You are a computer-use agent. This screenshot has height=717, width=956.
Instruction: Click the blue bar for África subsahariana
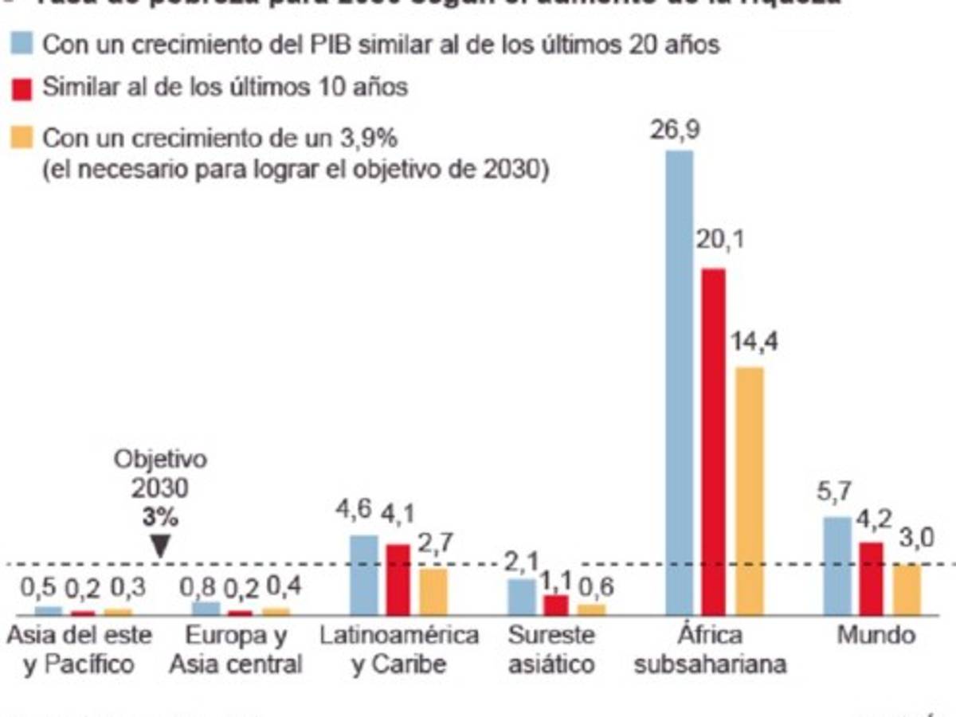679,382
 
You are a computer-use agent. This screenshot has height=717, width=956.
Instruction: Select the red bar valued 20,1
713,442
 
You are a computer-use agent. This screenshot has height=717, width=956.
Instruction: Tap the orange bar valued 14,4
750,491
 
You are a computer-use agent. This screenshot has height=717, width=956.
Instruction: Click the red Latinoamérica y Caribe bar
398,579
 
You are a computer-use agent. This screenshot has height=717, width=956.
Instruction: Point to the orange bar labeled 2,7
433,591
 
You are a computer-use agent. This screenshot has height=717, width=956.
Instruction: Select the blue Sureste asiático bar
522,597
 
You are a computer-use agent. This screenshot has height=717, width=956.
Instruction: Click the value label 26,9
675,131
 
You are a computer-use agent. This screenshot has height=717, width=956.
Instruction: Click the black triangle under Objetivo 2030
160,547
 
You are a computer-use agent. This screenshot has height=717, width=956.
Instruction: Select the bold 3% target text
160,517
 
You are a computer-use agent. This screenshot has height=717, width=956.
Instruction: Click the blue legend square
22,45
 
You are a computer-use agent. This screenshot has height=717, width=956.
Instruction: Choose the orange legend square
22,139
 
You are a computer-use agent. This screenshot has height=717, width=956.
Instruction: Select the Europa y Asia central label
237,649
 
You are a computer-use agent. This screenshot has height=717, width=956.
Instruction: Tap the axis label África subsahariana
710,649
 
